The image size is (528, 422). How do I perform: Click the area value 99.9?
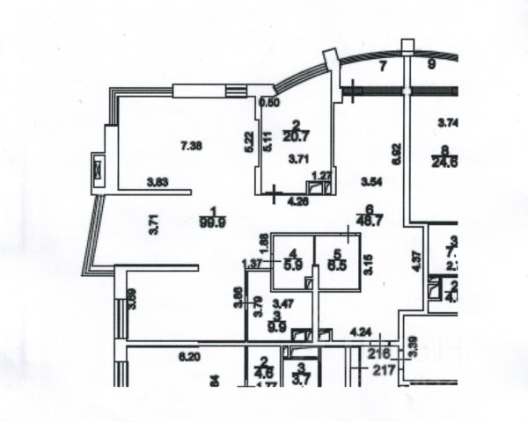click(208, 222)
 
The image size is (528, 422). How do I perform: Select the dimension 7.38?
click(191, 146)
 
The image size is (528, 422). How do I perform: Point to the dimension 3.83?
click(158, 183)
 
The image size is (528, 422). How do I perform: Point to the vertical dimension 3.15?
click(369, 265)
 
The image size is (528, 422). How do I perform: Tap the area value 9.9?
click(277, 324)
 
